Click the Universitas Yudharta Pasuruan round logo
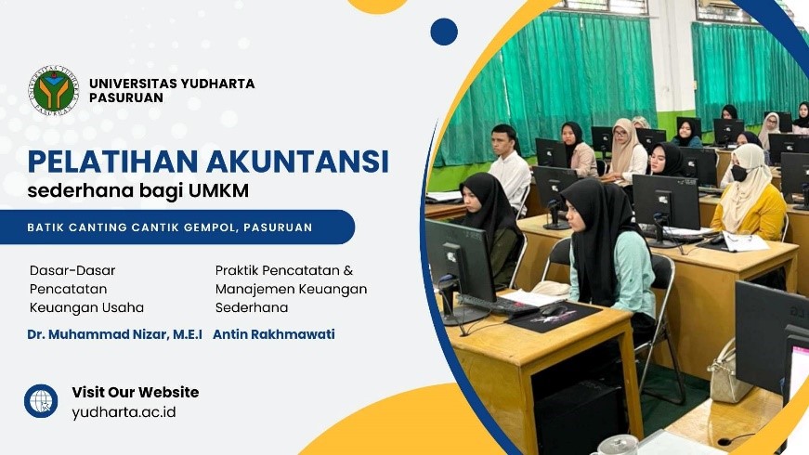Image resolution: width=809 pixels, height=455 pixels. tap(54, 90)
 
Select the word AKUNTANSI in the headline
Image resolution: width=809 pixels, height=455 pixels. tap(297, 161)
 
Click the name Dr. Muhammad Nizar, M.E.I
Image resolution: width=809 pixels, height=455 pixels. tap(114, 334)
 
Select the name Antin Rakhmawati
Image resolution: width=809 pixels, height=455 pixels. tap(274, 334)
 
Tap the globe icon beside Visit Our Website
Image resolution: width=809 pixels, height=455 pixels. tap(41, 401)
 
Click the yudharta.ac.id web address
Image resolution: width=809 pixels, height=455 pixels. tap(124, 412)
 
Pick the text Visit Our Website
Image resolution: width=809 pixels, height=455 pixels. tap(136, 392)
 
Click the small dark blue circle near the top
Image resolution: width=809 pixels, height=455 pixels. tap(444, 32)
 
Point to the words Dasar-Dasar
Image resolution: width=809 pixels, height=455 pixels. tap(72, 270)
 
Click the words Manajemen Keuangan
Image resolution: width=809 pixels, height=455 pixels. tap(291, 290)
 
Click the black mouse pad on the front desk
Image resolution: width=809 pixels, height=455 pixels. tap(554, 317)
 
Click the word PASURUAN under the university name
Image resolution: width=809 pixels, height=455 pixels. tap(126, 97)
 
